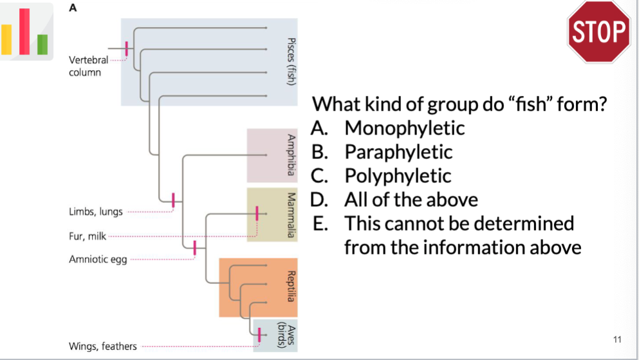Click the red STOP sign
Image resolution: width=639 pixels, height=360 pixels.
pos(598,32)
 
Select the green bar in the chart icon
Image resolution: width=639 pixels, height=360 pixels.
pos(42,44)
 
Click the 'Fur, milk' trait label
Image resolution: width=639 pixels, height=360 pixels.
pos(88,236)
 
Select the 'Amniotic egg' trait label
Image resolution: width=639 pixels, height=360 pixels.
pos(98,260)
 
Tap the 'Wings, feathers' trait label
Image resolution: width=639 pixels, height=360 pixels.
pos(103,346)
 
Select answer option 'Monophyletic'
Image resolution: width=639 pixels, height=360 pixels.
pos(404,128)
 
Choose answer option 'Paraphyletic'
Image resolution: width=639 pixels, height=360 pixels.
pos(398,152)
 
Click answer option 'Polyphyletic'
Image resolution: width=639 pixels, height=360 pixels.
pos(398,175)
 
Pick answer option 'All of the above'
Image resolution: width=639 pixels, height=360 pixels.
pos(411,200)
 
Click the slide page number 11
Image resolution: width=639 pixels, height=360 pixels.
pos(618,339)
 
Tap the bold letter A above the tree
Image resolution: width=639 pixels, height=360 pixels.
pos(72,8)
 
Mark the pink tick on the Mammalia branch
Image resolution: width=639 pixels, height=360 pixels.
pos(257,213)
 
